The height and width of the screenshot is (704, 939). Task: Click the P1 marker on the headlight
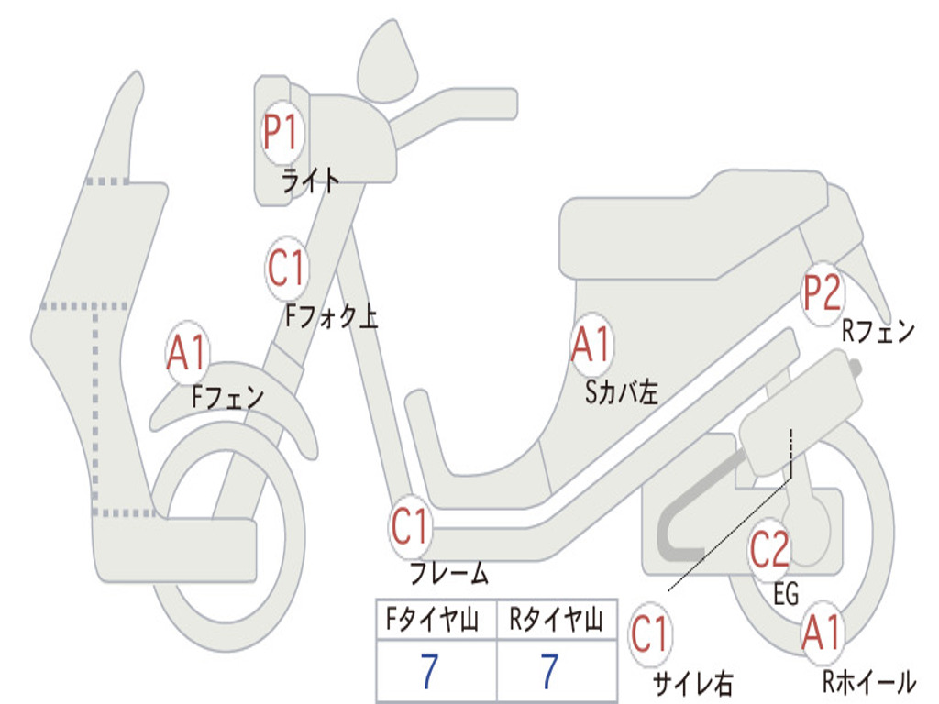click(281, 134)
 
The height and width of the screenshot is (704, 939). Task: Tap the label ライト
click(311, 180)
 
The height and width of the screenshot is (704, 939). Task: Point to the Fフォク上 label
click(331, 317)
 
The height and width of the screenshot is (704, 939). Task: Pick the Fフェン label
click(227, 398)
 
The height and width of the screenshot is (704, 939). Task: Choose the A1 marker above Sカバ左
click(591, 346)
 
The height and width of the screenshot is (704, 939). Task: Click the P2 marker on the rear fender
click(822, 294)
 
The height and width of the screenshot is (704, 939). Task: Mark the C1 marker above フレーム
click(410, 528)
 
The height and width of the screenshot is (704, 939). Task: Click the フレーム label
click(449, 575)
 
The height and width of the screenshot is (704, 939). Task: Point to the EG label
click(786, 595)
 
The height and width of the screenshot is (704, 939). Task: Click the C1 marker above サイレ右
click(651, 635)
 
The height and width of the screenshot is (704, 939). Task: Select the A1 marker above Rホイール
click(821, 633)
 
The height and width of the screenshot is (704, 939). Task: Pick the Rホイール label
click(868, 682)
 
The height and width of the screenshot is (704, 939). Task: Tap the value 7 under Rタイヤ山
click(549, 673)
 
